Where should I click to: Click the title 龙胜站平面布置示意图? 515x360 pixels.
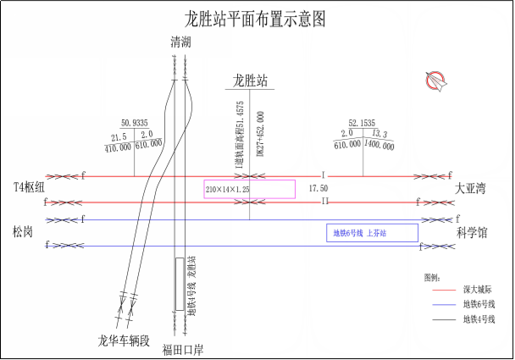[256, 19]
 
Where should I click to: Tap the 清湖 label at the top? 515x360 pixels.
[180, 42]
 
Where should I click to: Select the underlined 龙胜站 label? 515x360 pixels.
[251, 80]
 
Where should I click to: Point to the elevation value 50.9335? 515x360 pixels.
[134, 123]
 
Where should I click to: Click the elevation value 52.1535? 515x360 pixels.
[362, 123]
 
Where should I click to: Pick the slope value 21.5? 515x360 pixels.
[119, 136]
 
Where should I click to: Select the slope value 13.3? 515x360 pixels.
[379, 134]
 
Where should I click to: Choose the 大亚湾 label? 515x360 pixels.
[472, 187]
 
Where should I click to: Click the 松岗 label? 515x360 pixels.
[23, 230]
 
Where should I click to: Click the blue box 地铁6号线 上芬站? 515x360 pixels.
[372, 232]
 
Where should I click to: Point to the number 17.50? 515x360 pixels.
[318, 188]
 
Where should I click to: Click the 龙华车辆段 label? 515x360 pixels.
[124, 341]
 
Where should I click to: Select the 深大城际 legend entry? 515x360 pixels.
[474, 291]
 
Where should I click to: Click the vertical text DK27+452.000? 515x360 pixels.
[260, 134]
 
